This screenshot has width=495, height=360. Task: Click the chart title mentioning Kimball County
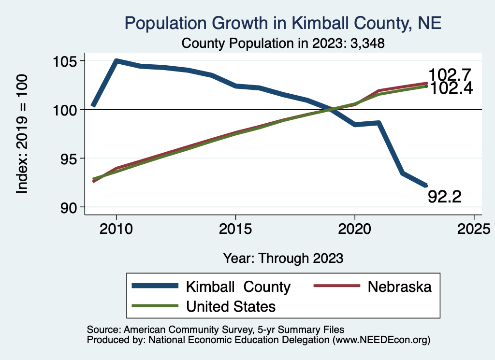tap(283, 23)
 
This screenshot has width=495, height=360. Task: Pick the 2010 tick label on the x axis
tap(116, 229)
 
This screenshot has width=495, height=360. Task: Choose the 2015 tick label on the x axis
tap(235, 229)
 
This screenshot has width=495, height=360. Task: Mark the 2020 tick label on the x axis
tap(355, 229)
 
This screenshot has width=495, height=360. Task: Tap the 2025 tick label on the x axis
tap(474, 229)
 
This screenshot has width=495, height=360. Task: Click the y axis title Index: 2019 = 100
tap(22, 134)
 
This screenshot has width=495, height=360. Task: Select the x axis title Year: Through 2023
tap(283, 258)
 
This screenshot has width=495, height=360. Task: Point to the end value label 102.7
tap(450, 75)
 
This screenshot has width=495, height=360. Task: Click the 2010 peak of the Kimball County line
tap(116, 61)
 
